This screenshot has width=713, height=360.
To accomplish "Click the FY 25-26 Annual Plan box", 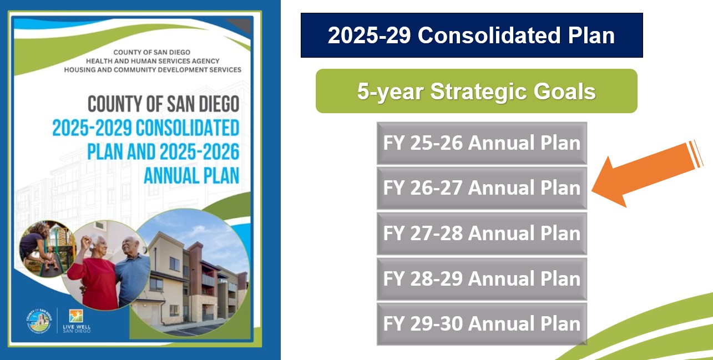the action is coord(482,143).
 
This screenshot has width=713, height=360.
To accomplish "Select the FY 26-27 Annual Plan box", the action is coord(482,188).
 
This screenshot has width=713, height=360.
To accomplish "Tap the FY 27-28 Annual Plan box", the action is coord(482,234).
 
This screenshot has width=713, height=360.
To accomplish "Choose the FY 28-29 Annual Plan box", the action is coord(482,279).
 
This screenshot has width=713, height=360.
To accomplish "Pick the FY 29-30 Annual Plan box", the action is coord(482,324).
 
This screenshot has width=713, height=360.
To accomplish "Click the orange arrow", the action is coord(646,174).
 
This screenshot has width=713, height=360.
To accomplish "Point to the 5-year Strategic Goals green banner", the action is coord(477,91).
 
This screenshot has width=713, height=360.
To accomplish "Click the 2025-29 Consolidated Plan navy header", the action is coord(472,35).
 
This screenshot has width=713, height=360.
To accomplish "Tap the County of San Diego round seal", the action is coord(39,321).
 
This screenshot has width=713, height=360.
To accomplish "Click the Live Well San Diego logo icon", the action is coord(76,316).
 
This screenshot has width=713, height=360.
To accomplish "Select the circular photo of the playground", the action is coord(48,249).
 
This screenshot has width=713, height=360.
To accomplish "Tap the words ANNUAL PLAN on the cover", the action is coord(191,175).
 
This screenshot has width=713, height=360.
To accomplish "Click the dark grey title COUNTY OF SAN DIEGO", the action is coord(163,104).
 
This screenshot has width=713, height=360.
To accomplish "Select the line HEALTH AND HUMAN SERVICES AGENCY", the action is coord(153,61).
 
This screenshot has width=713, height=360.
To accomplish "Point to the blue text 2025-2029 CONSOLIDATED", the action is coord(146,128).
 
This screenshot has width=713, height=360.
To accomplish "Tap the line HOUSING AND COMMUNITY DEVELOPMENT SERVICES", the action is coord(153,70).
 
